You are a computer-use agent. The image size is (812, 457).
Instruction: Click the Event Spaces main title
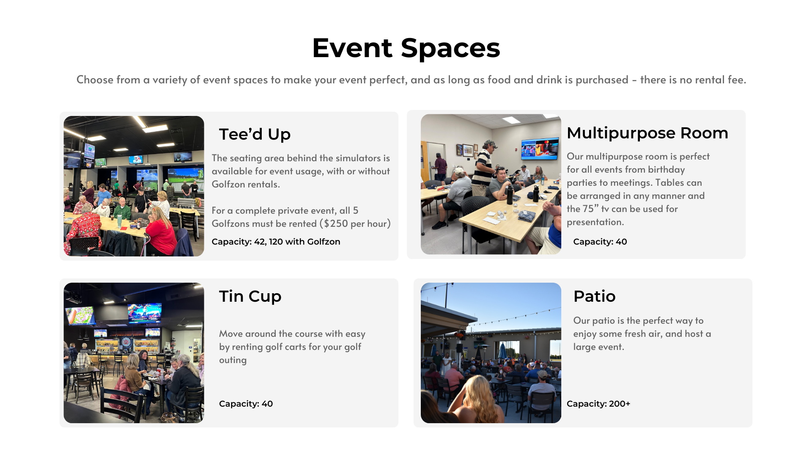[406, 48]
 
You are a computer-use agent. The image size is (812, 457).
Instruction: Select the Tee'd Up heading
[255, 134]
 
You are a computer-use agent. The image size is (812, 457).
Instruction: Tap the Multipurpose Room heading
[647, 133]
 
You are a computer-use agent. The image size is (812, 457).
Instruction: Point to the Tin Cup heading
[250, 296]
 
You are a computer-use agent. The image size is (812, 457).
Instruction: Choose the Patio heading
[594, 296]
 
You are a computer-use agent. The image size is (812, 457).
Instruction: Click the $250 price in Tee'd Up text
[336, 223]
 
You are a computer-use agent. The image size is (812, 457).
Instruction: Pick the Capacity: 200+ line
[598, 404]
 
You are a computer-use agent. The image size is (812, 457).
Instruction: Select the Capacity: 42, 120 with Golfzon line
[276, 242]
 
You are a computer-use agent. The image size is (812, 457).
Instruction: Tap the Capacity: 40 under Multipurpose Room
[600, 242]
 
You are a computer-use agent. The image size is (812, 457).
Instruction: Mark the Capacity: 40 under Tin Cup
[246, 404]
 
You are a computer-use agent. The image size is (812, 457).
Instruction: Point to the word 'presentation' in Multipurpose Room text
[595, 222]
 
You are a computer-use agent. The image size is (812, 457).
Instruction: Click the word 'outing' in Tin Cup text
[233, 360]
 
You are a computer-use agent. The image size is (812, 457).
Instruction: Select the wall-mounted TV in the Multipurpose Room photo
[540, 149]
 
